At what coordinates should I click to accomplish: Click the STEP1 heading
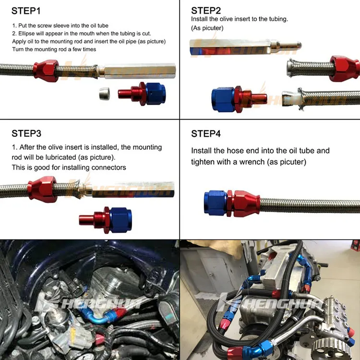coord(26,11)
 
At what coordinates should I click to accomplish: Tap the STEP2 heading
coord(206,11)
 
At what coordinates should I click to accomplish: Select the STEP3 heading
coord(26,133)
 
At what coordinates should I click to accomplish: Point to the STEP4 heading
coord(206,133)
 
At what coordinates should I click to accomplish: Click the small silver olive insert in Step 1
coord(105,94)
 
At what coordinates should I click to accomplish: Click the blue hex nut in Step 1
coord(155,94)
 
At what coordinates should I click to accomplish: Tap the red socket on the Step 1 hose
coord(46,71)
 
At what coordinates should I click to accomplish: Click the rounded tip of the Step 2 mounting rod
coord(298,45)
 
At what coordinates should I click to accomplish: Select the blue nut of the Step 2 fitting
coord(223,99)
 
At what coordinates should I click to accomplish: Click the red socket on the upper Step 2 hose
coord(344,69)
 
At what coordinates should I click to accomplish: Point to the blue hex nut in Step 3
coord(121,220)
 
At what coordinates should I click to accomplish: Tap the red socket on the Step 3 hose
coord(42,190)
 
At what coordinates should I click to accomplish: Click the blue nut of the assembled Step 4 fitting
coord(216,203)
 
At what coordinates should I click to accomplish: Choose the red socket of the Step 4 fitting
coord(244,204)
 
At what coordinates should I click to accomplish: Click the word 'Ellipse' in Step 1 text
coord(26,34)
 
